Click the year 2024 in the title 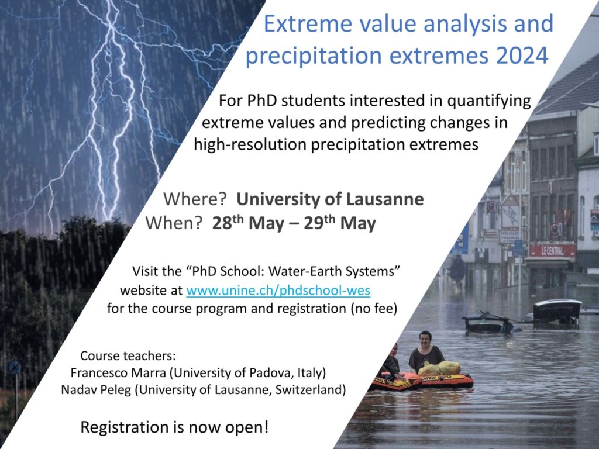[x=522, y=55]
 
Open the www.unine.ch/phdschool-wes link [x=278, y=291]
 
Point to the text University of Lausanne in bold [x=330, y=199]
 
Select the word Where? [x=195, y=199]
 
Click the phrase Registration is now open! [x=174, y=427]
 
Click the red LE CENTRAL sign [x=552, y=251]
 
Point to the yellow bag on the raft [x=440, y=368]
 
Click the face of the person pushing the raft [x=425, y=339]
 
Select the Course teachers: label [x=128, y=356]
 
